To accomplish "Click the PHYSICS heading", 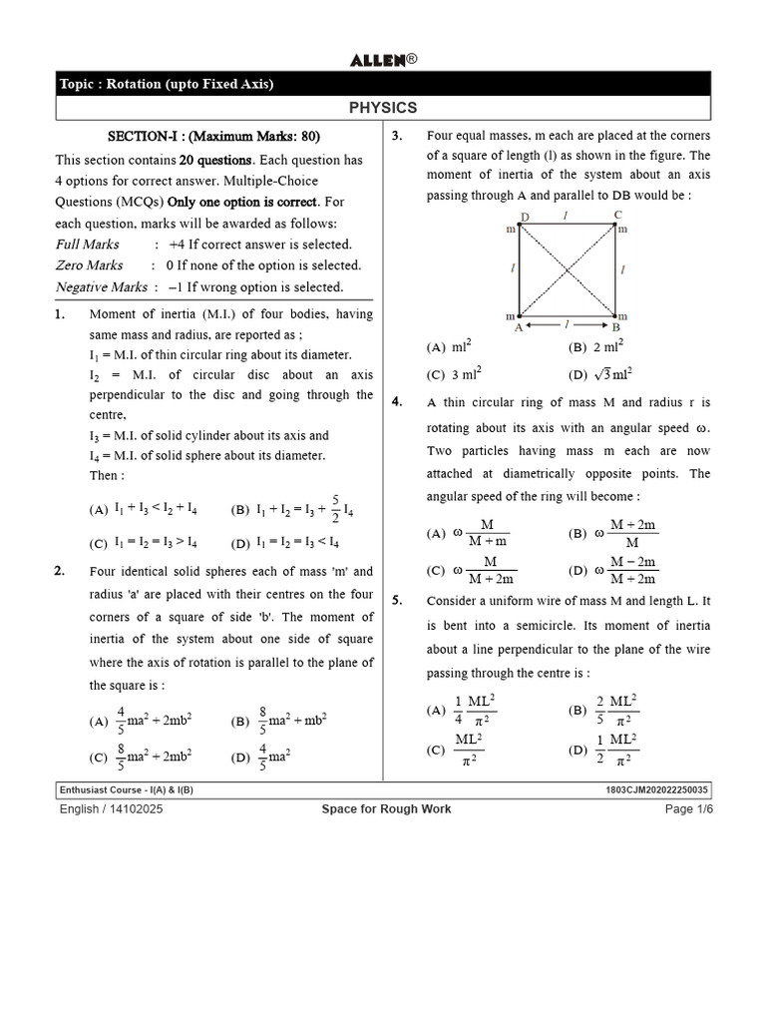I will [383, 108].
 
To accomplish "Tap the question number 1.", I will [60, 314].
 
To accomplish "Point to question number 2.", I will [60, 572].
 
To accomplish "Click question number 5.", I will [397, 601].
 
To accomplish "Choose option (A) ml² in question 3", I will [449, 347].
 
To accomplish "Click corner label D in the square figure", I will [525, 217].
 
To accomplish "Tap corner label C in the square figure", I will [617, 215].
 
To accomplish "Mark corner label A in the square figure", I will [518, 326].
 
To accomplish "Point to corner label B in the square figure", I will [616, 326].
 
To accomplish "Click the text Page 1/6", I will [689, 808].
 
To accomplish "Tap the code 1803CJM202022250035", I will [657, 789].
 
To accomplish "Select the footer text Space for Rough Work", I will [385, 808].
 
